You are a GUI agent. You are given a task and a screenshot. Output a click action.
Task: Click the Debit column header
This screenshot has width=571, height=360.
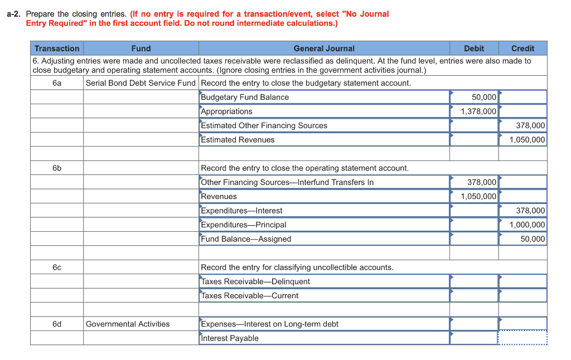point(473,48)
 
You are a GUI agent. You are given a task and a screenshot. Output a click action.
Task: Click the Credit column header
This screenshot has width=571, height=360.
point(522,48)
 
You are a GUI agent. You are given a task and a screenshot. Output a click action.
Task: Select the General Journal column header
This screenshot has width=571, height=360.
point(324,48)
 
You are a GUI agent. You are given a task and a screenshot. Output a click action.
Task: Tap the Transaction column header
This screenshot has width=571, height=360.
point(57,48)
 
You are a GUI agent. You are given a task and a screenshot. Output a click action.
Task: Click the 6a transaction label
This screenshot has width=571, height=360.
point(57,83)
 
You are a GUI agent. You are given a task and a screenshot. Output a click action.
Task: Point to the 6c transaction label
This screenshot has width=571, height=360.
point(57,267)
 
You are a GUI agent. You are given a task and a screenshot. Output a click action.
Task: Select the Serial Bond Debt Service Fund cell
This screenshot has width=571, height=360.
point(141,83)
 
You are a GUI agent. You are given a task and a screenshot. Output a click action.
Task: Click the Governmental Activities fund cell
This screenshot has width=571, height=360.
point(128,324)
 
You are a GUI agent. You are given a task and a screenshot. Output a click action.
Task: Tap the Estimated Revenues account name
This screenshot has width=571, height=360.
point(238,140)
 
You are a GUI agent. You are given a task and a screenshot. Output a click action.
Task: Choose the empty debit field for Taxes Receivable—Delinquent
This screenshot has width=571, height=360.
point(474,281)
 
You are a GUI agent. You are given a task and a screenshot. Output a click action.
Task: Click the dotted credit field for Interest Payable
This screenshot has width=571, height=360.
point(522,338)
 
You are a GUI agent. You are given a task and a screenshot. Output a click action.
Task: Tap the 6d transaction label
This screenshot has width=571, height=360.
point(57,324)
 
